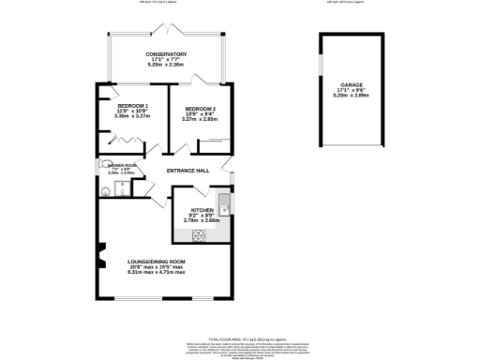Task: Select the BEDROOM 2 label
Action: coord(201,108)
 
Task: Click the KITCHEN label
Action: coord(202,210)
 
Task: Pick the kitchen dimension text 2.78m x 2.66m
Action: coord(202,221)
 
